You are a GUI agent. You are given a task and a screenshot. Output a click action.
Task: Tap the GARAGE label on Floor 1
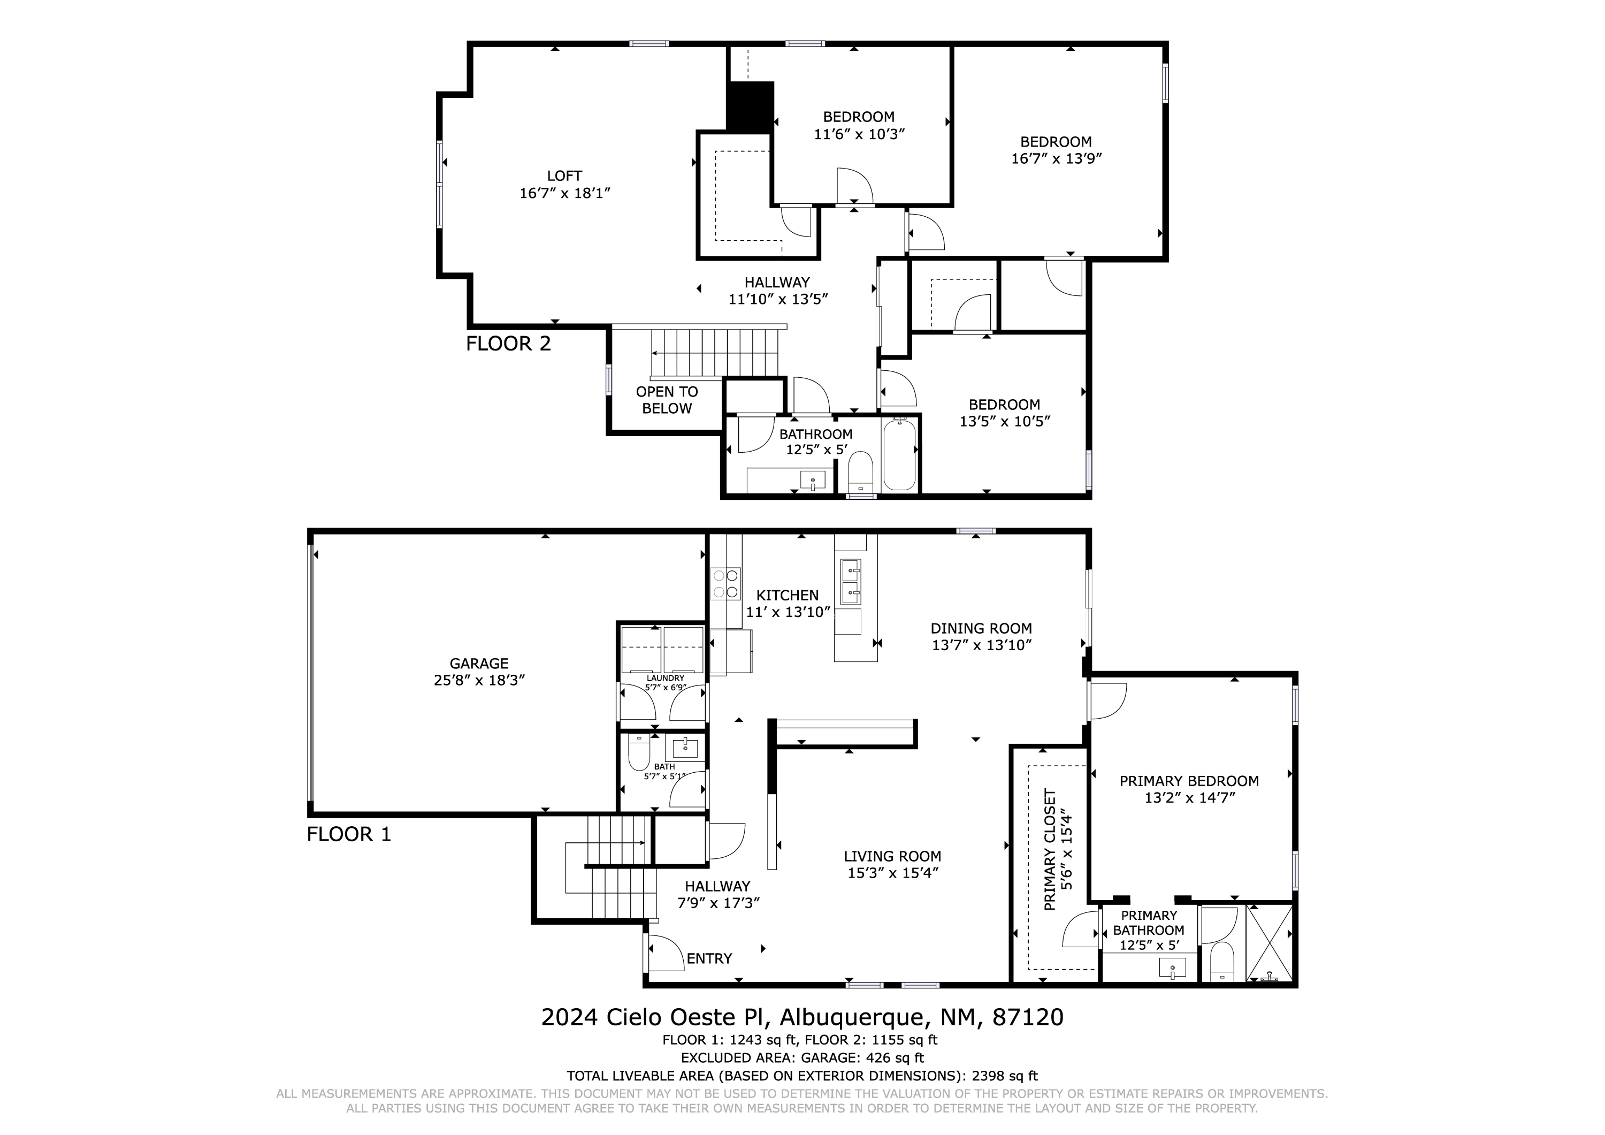tap(479, 664)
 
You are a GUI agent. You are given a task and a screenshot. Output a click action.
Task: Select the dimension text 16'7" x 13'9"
tap(1056, 159)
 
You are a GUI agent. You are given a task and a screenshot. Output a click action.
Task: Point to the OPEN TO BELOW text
tap(667, 400)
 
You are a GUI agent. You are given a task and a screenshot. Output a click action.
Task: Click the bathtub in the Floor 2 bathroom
tap(899, 454)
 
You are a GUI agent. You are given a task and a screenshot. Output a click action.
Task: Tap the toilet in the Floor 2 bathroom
tap(860, 471)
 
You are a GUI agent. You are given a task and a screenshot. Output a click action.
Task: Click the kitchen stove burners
tap(725, 583)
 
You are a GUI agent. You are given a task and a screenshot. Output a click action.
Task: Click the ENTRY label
tap(709, 959)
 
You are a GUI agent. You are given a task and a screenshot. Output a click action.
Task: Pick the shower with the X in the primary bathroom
tap(1270, 943)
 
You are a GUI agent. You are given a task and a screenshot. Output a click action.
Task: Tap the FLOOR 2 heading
tap(508, 344)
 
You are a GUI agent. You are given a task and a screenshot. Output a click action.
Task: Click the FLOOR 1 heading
tap(349, 834)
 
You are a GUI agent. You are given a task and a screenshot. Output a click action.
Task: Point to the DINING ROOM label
tap(981, 629)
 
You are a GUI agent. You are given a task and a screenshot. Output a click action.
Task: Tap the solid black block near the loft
tap(751, 106)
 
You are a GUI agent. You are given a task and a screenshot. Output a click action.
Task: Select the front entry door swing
tap(666, 953)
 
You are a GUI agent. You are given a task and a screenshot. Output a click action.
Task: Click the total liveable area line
tap(802, 1076)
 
